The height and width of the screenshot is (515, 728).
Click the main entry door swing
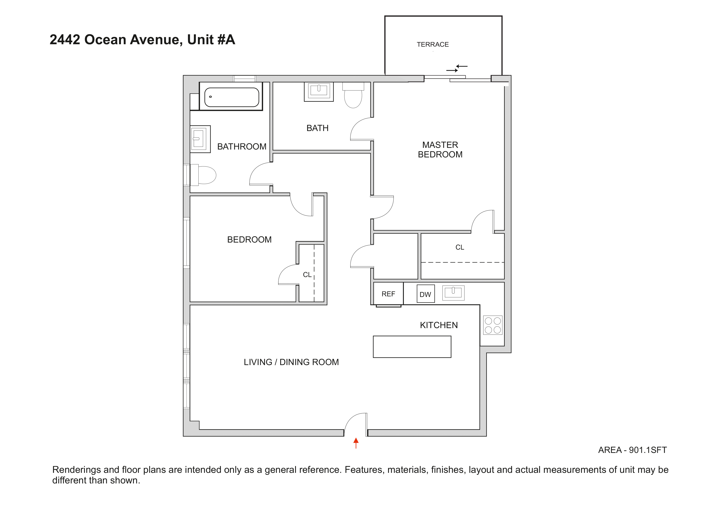(x=354, y=424)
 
